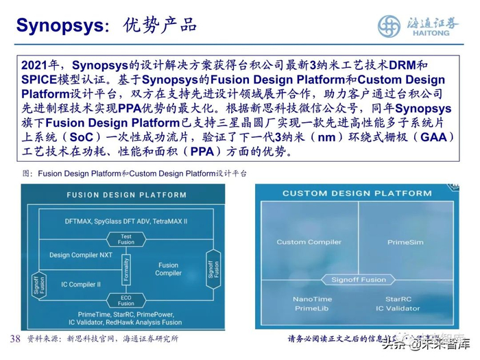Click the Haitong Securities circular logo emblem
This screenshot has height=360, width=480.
[389, 26]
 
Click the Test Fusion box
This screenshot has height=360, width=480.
[126, 239]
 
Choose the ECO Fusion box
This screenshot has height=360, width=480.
[126, 300]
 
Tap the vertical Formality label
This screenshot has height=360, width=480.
[126, 269]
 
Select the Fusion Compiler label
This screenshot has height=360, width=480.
[168, 269]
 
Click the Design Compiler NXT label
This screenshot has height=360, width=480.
[80, 255]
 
